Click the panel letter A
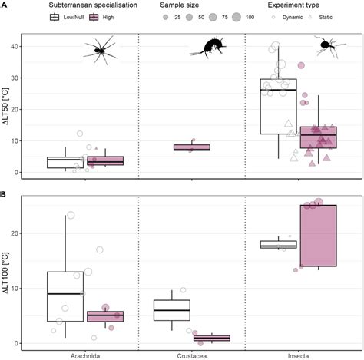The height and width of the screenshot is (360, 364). click(4, 31)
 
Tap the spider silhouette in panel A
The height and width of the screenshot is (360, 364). click(102, 50)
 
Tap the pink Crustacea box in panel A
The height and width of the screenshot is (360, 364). click(191, 147)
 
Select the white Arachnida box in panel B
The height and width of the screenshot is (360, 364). click(65, 296)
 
